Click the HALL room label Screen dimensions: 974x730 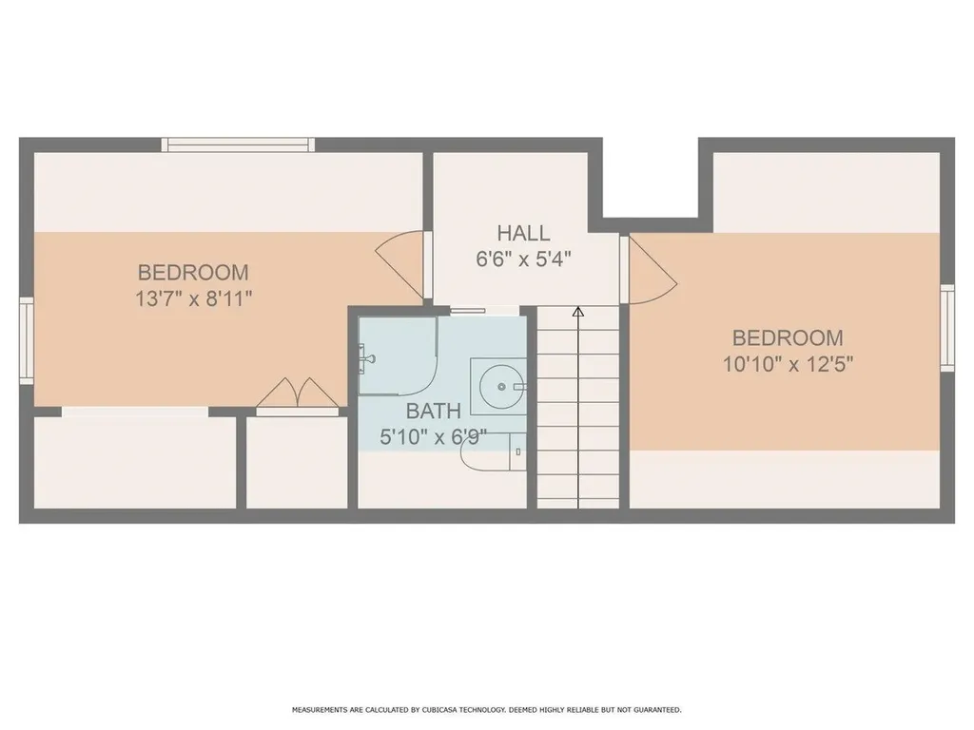click(523, 234)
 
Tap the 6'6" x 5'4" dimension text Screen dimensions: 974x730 click(523, 259)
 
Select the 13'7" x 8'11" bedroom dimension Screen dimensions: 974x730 click(194, 299)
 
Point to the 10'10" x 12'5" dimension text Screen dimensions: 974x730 click(788, 364)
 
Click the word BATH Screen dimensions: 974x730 click(434, 411)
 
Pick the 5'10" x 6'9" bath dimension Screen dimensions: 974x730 click(433, 437)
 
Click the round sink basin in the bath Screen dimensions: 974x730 click(500, 387)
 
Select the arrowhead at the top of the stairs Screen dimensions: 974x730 click(578, 312)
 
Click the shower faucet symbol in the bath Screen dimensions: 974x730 click(367, 358)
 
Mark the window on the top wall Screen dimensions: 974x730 click(238, 144)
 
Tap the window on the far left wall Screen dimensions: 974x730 click(26, 340)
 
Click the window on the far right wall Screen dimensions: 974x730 click(947, 328)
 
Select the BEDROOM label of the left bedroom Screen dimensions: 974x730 click(193, 273)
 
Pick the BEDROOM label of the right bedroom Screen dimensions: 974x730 click(788, 337)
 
